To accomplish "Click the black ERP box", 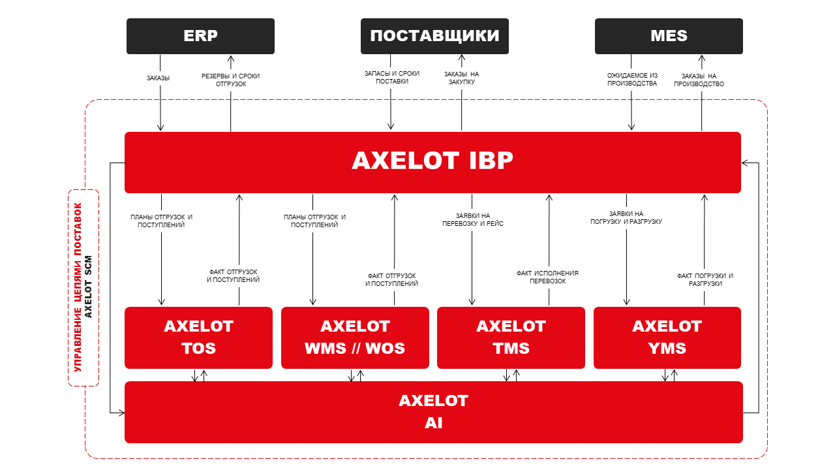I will click(x=200, y=36).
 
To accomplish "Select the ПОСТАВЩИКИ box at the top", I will click(x=434, y=36).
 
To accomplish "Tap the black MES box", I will click(x=669, y=36).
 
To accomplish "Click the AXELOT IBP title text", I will click(x=433, y=161).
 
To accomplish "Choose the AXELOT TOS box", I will click(x=198, y=337).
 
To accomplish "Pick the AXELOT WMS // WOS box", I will click(x=355, y=337).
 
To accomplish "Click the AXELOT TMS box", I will click(x=511, y=337).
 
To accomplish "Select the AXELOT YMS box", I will click(x=667, y=337).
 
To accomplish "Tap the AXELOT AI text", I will click(x=433, y=412).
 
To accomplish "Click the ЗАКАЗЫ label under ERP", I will click(x=158, y=78).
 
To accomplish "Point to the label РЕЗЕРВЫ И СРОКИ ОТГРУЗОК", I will click(x=230, y=80).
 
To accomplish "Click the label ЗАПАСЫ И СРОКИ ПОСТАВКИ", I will click(x=391, y=78).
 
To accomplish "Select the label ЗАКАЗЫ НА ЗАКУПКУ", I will click(x=461, y=78).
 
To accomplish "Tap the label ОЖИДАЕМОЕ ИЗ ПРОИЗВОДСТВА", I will click(x=631, y=80).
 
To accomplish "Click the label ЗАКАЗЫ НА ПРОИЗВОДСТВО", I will click(x=699, y=80).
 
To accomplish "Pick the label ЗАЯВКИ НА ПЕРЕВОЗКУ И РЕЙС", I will click(x=472, y=220).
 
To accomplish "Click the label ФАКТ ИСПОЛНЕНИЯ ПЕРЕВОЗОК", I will click(x=547, y=277).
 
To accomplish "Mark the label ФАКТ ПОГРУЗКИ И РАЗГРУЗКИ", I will click(x=705, y=279).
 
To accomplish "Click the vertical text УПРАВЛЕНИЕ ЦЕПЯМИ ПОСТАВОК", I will click(x=78, y=287).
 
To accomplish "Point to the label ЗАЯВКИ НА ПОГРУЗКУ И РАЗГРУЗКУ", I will click(x=626, y=217).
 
